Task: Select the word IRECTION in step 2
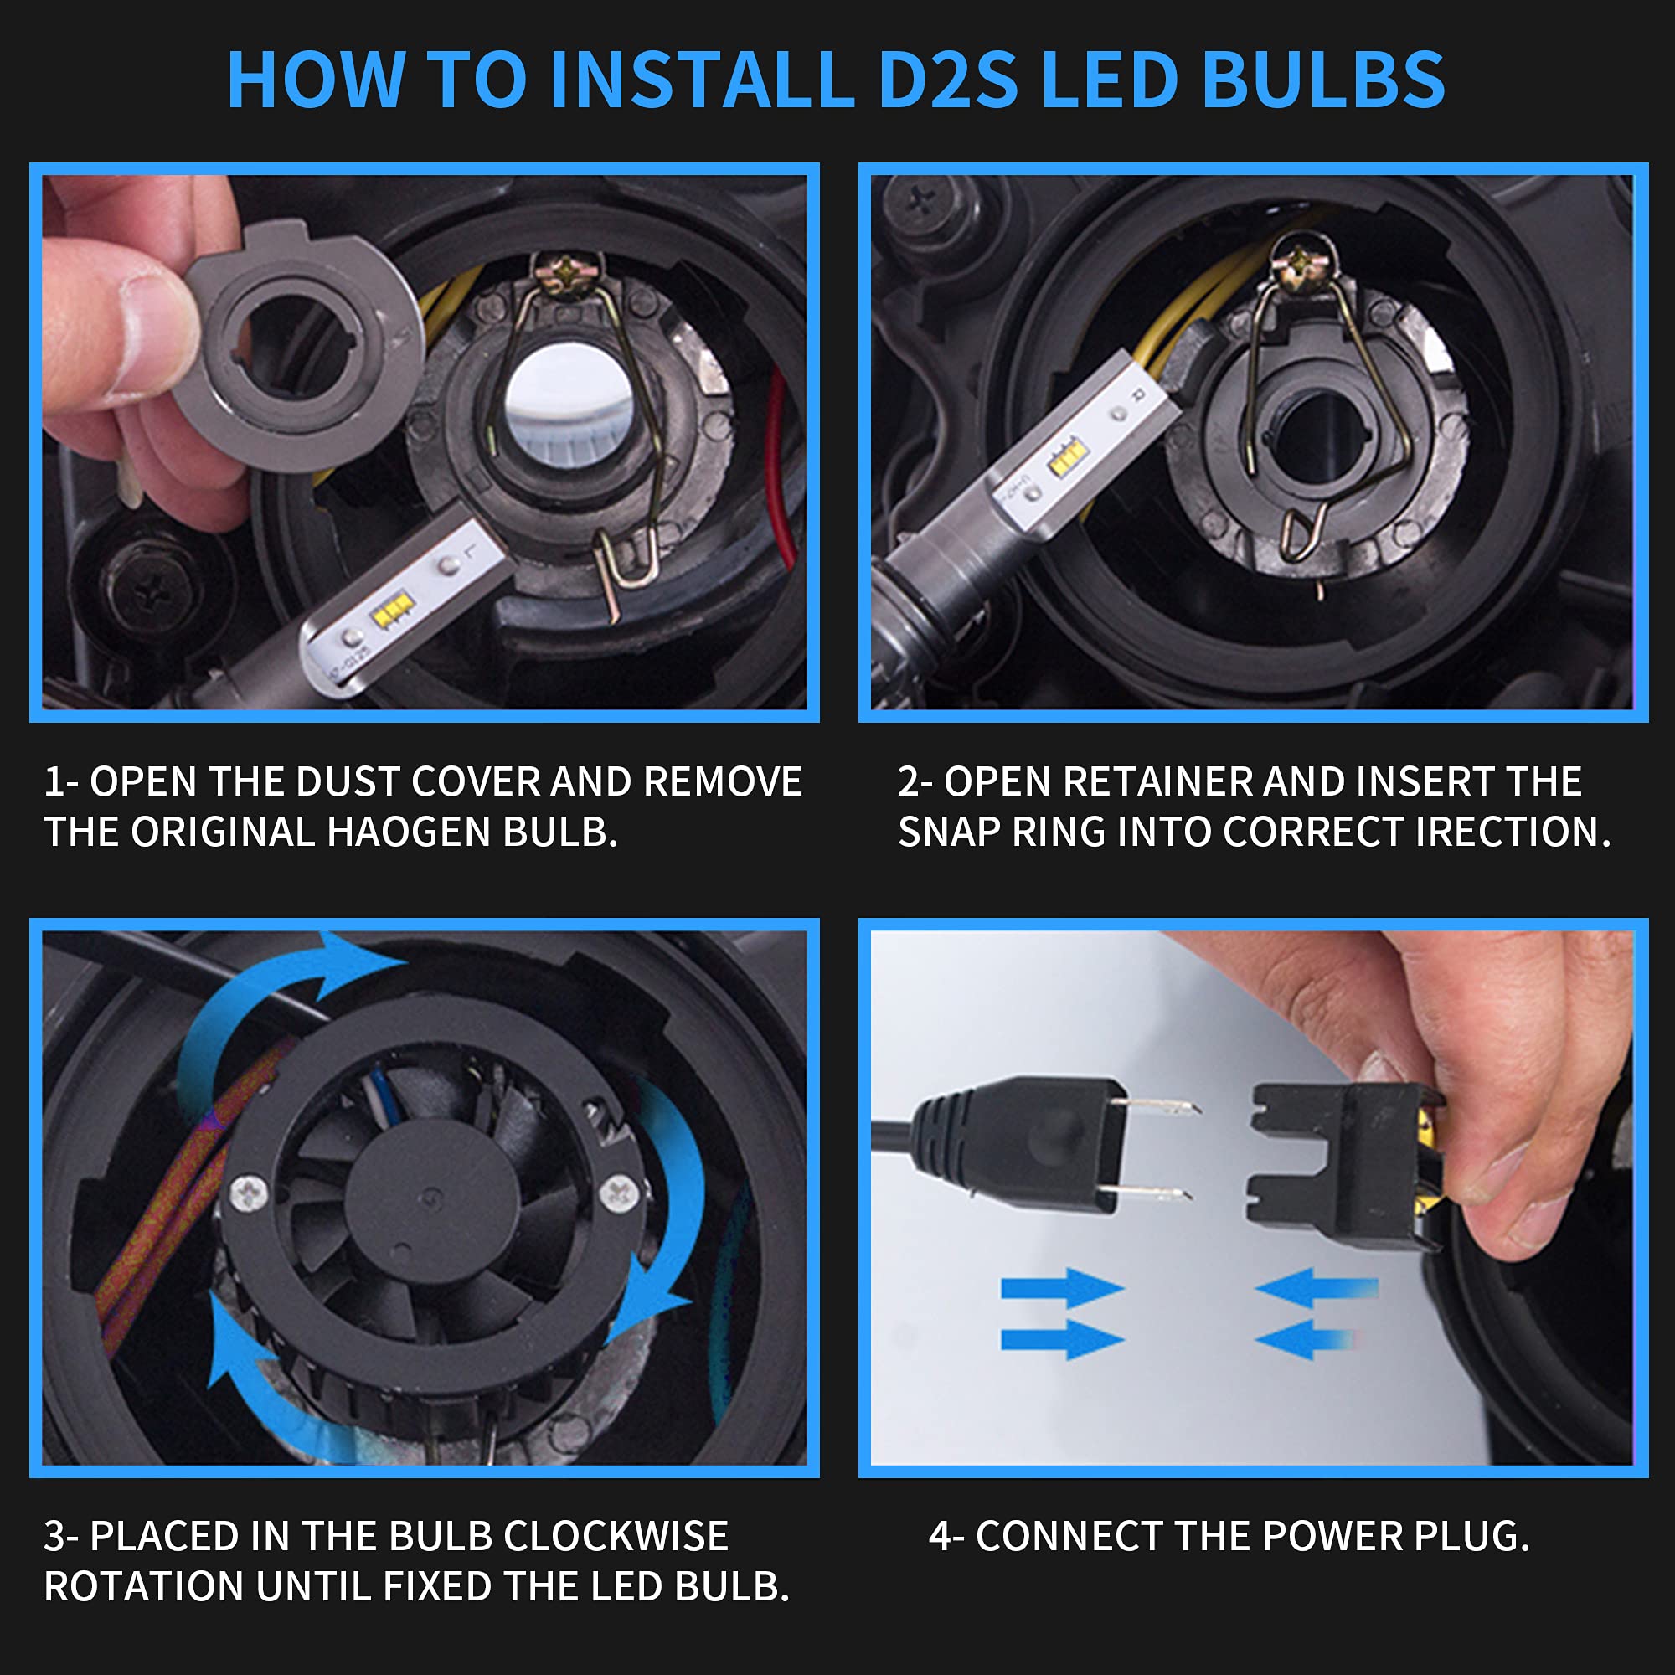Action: [x=1513, y=832]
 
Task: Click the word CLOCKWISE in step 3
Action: [x=616, y=1536]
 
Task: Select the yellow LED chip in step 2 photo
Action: [x=1068, y=457]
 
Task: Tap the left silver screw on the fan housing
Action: [x=249, y=1193]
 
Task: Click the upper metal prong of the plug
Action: [x=1157, y=1105]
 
